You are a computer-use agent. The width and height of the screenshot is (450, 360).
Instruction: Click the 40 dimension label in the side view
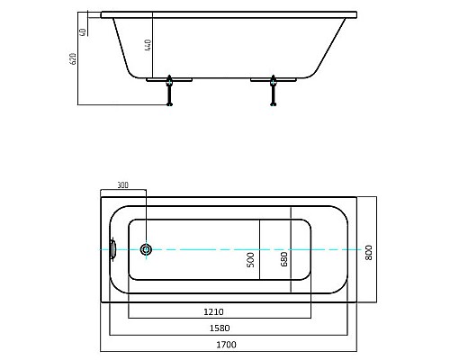tap(84, 31)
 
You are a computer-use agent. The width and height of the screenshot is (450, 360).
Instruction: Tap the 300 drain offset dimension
tap(123, 185)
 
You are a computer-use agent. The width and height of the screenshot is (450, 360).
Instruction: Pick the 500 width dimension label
tap(251, 260)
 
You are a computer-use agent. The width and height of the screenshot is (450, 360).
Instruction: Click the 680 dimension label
tap(283, 260)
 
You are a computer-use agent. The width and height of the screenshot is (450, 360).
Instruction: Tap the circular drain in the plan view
tap(148, 249)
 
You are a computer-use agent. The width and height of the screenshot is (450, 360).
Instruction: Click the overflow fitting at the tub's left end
tap(112, 249)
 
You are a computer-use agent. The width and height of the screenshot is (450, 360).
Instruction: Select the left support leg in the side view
tap(169, 89)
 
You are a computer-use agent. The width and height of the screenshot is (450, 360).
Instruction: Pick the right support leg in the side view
tap(271, 89)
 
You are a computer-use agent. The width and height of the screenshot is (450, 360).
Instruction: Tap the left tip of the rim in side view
tap(102, 14)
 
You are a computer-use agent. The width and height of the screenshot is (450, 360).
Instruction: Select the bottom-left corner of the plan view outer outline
tap(100, 301)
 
